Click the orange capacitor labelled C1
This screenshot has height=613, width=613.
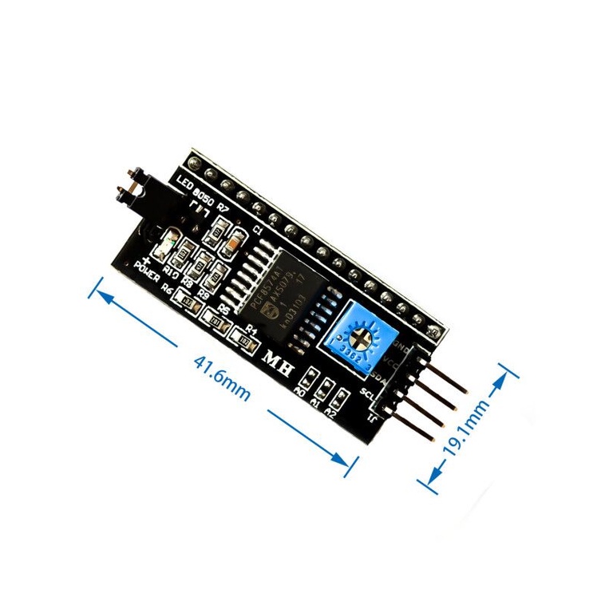(231, 239)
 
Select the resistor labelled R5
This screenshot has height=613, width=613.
(214, 319)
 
